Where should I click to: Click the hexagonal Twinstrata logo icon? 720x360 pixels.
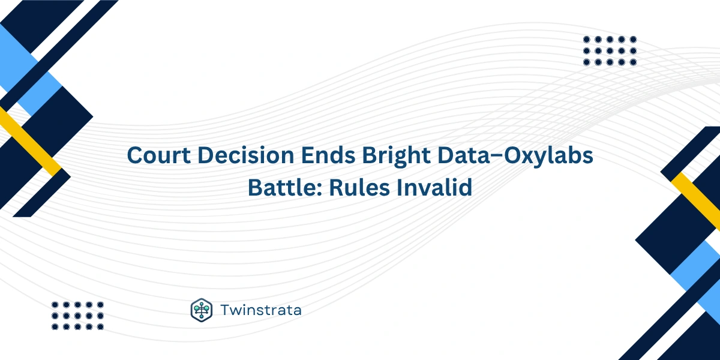[x=202, y=310]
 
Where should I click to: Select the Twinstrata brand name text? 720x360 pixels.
[x=260, y=310]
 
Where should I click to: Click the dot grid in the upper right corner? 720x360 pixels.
[x=610, y=50]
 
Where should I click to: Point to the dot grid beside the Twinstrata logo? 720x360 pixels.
[x=77, y=316]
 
